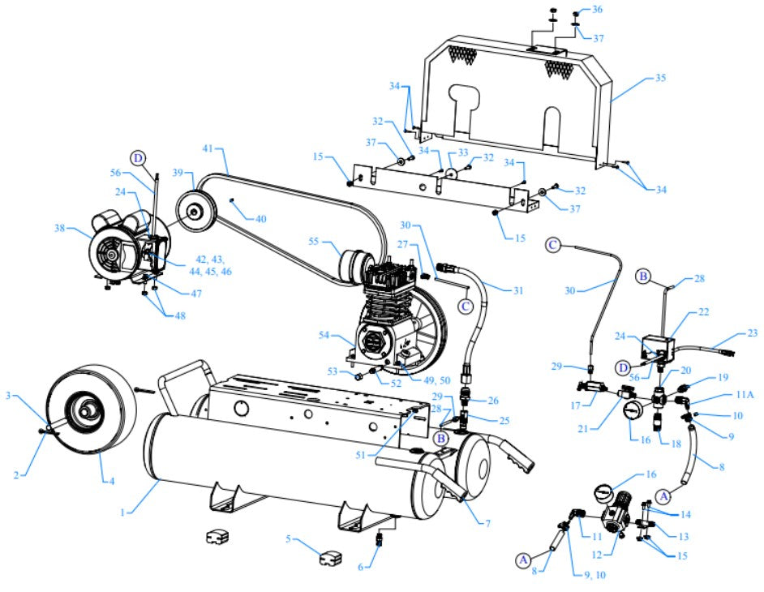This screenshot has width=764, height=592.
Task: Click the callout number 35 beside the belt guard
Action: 659,79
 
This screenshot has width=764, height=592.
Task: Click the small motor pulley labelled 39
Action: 193,212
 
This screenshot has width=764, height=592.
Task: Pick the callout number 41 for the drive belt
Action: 208,149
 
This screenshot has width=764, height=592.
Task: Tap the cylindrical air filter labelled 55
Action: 354,265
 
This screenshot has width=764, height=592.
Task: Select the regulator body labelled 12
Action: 623,515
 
